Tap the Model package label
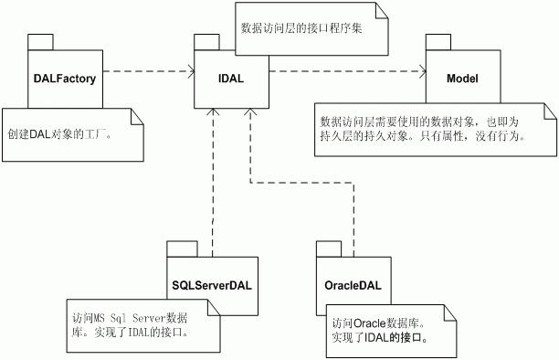[x=462, y=79]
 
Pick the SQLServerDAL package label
[x=211, y=283]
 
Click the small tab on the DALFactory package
[x=39, y=42]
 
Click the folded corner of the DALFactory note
[x=139, y=115]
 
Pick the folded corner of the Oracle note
[x=450, y=311]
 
